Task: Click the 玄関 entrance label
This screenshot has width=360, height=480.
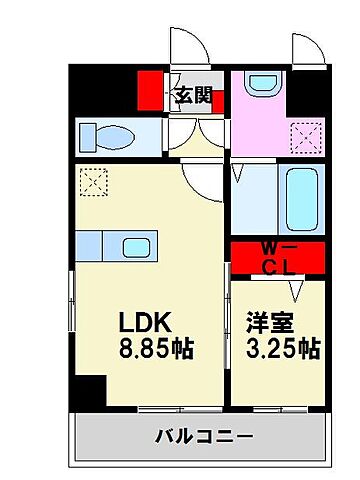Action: tap(193, 97)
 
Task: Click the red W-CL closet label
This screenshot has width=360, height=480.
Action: tap(277, 259)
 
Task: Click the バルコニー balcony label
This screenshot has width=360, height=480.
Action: tap(204, 436)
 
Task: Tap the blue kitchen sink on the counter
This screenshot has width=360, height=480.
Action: tap(136, 247)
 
